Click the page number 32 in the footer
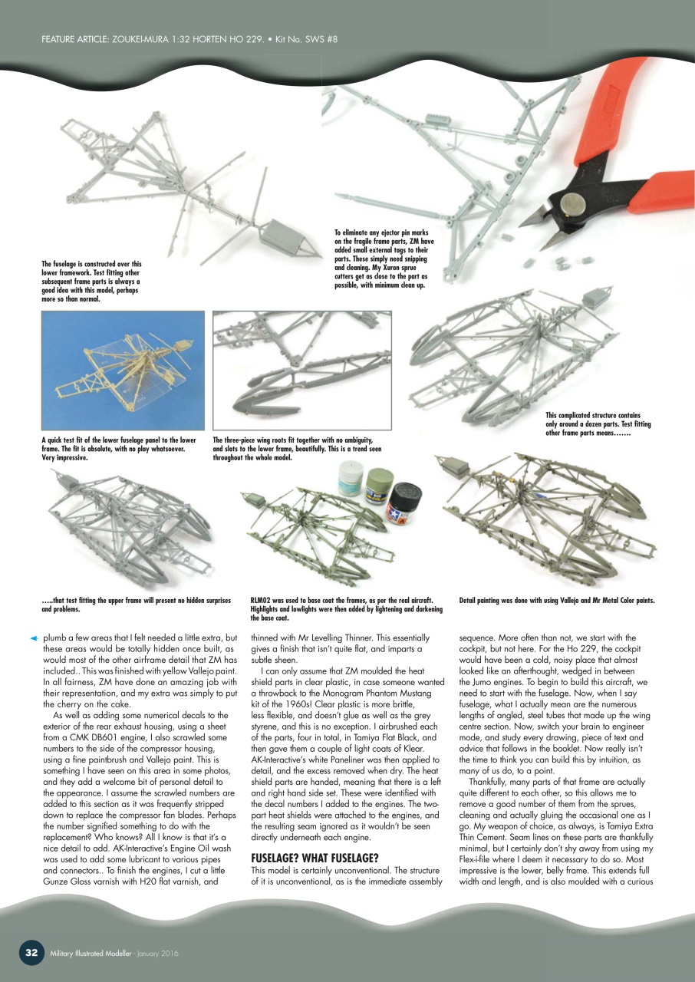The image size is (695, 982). click(31, 952)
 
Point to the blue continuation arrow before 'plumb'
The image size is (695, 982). click(33, 638)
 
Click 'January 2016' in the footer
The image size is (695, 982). click(159, 953)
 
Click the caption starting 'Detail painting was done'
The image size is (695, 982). click(556, 600)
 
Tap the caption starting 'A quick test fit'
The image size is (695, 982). click(118, 448)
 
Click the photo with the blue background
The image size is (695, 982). click(122, 371)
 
